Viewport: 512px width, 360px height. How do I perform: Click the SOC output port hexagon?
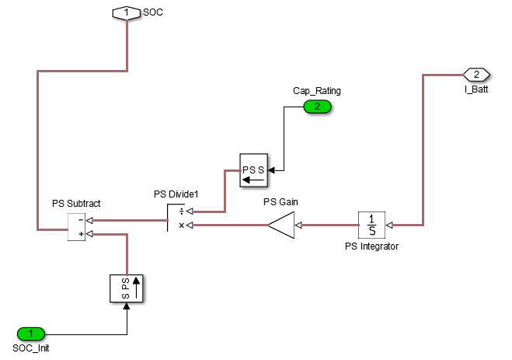click(127, 12)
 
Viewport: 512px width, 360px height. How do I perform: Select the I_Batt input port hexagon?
click(475, 75)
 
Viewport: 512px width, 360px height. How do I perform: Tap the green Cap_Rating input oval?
click(317, 107)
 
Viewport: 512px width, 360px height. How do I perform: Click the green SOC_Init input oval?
click(32, 334)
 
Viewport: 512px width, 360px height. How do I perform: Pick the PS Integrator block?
click(372, 225)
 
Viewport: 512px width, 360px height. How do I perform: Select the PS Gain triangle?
click(281, 225)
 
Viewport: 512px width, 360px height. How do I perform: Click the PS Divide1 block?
click(172, 218)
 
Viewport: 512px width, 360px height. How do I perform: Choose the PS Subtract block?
click(76, 226)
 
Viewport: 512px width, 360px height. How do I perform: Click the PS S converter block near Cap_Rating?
click(253, 169)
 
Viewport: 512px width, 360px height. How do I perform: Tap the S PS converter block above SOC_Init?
click(127, 288)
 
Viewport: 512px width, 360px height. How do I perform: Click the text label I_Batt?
click(475, 90)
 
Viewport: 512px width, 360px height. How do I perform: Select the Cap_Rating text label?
click(317, 90)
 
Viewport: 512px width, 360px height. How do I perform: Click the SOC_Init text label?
click(32, 348)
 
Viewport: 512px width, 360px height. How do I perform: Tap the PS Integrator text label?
click(371, 246)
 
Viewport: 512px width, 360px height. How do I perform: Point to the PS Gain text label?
click(281, 202)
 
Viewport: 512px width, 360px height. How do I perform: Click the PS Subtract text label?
click(76, 203)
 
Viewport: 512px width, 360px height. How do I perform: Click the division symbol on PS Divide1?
click(182, 211)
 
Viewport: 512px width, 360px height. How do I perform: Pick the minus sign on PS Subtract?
click(80, 219)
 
